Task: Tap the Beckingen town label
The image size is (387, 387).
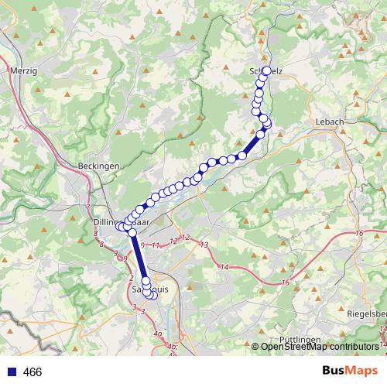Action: coord(98,166)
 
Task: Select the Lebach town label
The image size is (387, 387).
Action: coord(329,122)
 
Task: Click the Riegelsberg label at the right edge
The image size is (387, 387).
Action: coord(367,314)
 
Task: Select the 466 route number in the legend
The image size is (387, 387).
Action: coord(33,372)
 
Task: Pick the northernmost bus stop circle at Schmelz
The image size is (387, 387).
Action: coord(266,70)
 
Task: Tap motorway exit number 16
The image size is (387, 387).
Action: coord(359,233)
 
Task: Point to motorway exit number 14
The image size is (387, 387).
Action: coord(224,266)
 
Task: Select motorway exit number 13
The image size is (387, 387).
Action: coord(204,245)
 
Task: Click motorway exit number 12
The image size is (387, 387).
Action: coord(184,238)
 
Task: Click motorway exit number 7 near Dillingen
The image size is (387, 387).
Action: coord(88,207)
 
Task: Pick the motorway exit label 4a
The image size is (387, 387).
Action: coord(158,334)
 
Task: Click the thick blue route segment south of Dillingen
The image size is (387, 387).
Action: coord(140,256)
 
